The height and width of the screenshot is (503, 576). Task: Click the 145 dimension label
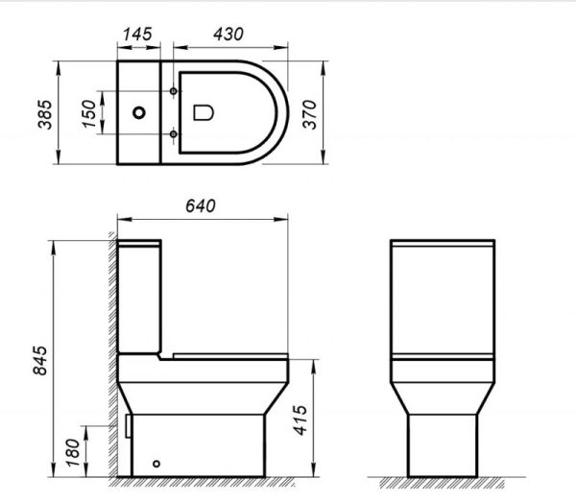click(x=140, y=32)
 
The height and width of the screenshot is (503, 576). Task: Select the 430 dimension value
click(x=228, y=32)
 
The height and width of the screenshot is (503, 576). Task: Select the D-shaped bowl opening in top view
click(x=204, y=113)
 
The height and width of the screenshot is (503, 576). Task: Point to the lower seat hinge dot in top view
click(x=174, y=134)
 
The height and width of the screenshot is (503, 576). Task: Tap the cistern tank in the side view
click(x=141, y=293)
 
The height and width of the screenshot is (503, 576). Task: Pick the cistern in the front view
click(x=444, y=298)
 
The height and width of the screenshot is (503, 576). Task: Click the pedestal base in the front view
click(x=444, y=442)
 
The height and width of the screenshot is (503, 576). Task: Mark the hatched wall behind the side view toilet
click(x=111, y=365)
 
